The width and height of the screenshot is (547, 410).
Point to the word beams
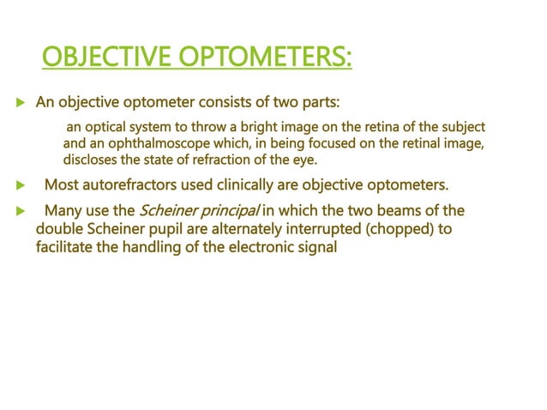[403, 210]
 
